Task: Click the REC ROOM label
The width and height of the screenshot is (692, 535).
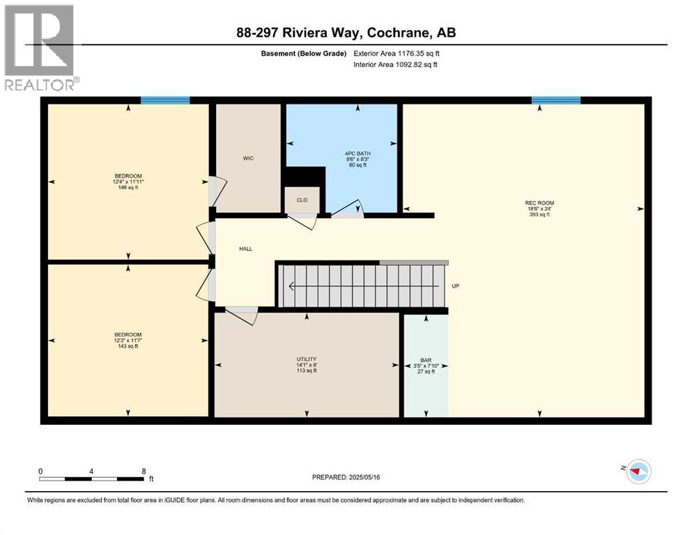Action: [539, 203]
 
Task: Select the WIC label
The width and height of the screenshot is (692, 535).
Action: [248, 158]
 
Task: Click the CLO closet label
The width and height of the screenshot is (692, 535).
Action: [302, 200]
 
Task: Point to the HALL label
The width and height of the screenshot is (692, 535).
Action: [246, 248]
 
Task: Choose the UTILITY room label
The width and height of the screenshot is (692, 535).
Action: [307, 359]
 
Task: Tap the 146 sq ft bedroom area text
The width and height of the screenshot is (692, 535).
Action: [128, 187]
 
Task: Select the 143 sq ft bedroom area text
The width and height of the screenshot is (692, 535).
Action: [128, 346]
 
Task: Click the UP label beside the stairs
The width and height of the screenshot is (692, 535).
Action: [455, 286]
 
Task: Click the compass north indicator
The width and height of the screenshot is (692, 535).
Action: [638, 472]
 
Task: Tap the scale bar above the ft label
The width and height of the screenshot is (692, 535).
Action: [92, 478]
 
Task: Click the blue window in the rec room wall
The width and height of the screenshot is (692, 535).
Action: [555, 100]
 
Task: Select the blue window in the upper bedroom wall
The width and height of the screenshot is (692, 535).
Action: [165, 100]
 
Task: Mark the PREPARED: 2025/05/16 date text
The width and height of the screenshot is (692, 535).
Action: [346, 477]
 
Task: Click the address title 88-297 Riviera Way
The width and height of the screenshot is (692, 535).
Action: [346, 33]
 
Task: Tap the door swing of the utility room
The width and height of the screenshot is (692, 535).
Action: [241, 316]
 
